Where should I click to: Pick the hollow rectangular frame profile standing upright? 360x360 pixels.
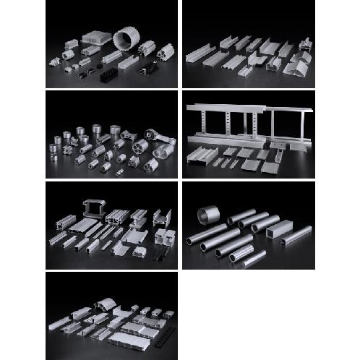click(95, 208)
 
